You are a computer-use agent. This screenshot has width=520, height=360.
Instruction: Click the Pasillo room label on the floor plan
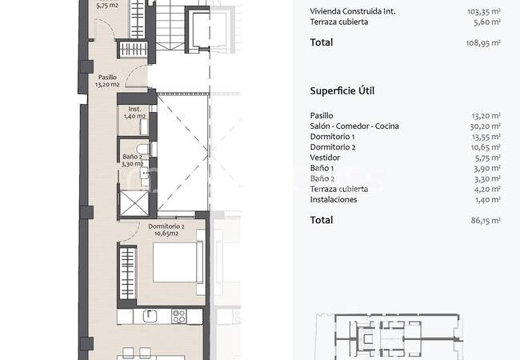(107, 81)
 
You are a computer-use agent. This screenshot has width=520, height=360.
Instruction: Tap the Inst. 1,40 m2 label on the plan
(134, 112)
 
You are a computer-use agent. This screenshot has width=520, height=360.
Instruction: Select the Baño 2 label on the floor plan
(132, 160)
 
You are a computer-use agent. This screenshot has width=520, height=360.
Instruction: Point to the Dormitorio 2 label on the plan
(166, 230)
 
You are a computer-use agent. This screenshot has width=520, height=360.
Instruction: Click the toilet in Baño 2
(145, 149)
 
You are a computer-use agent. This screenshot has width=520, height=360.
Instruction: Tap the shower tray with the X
(134, 203)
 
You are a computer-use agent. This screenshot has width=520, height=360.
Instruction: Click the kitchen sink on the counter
(150, 316)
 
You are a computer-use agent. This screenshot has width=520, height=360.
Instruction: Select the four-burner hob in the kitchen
(178, 316)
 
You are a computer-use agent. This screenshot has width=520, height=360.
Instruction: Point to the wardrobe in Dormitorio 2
(128, 273)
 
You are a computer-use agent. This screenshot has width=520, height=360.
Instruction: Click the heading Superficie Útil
(342, 91)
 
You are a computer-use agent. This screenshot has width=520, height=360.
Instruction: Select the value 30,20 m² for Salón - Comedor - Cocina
(485, 126)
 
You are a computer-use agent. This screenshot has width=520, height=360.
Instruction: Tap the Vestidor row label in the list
(325, 158)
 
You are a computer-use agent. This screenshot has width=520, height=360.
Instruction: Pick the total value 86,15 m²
(486, 220)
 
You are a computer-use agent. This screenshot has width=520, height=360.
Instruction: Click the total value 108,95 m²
(483, 42)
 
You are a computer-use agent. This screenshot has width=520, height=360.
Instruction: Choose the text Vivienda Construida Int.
(353, 11)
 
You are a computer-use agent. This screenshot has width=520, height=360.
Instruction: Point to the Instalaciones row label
(334, 199)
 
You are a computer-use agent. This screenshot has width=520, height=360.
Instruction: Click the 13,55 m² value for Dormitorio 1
(486, 137)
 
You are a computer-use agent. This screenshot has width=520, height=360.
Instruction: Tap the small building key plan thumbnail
(389, 337)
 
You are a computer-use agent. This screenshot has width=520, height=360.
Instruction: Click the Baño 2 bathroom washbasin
(144, 173)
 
